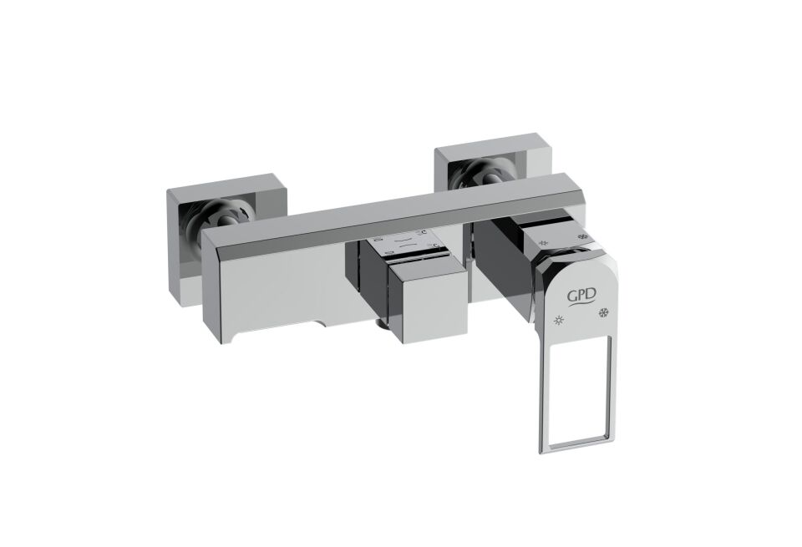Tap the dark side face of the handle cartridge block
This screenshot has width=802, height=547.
tap(501, 267)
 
